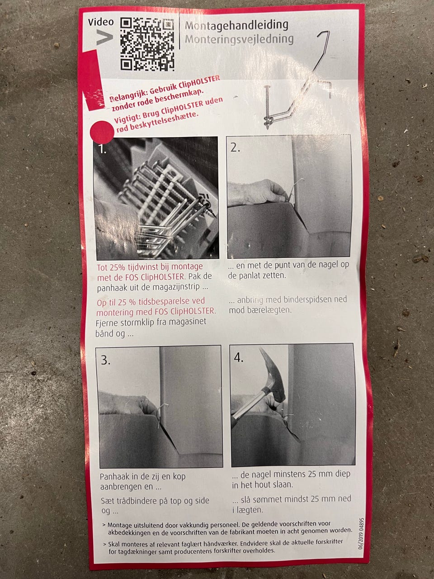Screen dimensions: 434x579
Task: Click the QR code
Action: tap(147, 44)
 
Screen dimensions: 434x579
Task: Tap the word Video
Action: tap(101, 22)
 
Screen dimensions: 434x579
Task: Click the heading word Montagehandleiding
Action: tap(236, 26)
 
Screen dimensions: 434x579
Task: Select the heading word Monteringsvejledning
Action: tap(239, 39)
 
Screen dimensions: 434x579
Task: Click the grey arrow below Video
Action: tap(104, 37)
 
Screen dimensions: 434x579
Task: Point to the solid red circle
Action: tap(102, 132)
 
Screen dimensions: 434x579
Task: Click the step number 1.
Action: tap(102, 149)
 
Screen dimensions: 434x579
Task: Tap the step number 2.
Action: tap(235, 148)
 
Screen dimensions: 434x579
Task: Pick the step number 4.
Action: tap(239, 358)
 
